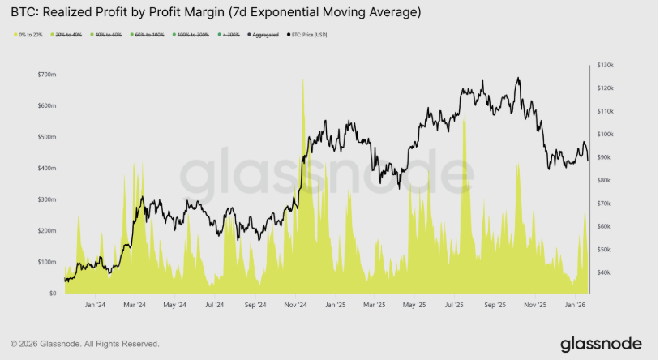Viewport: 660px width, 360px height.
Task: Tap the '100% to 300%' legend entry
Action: click(x=192, y=35)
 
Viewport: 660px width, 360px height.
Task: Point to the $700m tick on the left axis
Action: click(x=46, y=75)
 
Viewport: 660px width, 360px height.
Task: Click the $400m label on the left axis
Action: click(x=46, y=168)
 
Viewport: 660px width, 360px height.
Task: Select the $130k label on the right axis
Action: click(x=605, y=64)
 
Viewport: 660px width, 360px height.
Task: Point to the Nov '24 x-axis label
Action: click(x=296, y=306)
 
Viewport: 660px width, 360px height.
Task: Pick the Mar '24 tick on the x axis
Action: click(x=135, y=306)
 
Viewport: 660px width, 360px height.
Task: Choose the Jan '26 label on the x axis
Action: click(x=576, y=306)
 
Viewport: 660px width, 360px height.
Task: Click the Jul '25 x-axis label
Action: click(x=455, y=306)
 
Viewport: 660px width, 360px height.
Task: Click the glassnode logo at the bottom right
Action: click(x=600, y=343)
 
